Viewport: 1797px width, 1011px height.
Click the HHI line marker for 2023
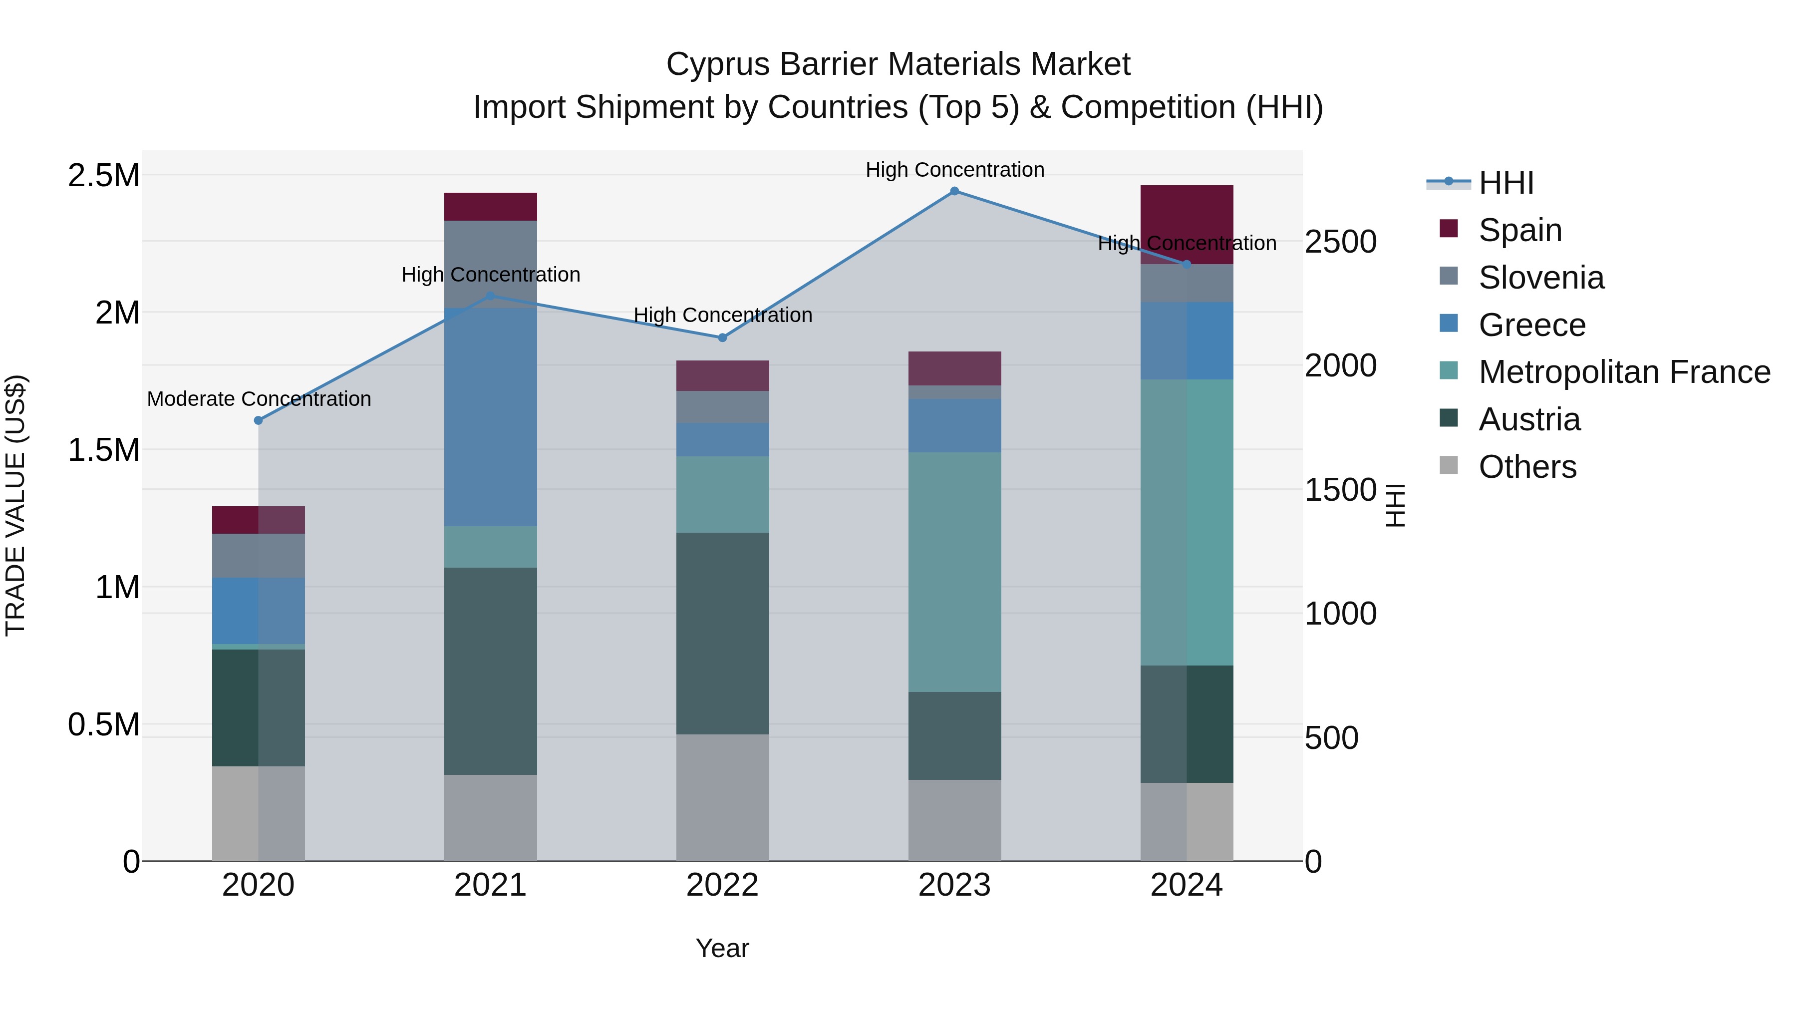click(954, 191)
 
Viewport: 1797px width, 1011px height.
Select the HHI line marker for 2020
click(258, 421)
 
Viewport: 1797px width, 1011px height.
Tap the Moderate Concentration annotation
click(259, 399)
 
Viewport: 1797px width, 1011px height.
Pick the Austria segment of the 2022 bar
click(723, 633)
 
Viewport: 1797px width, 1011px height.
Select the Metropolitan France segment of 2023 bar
click(954, 572)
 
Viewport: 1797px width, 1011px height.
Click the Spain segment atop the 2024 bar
click(1187, 216)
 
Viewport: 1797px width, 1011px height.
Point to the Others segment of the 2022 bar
click(723, 797)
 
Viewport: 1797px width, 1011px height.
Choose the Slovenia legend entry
click(1541, 278)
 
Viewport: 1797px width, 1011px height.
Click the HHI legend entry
click(1505, 183)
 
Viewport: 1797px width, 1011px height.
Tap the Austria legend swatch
click(1449, 419)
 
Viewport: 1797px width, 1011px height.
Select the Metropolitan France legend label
click(1624, 372)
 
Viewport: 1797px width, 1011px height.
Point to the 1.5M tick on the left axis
click(104, 450)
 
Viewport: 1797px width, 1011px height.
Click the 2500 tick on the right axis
click(1340, 242)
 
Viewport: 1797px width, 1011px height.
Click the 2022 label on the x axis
click(723, 885)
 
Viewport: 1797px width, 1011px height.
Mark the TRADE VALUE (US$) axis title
click(15, 505)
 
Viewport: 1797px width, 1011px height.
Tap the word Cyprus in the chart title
click(718, 65)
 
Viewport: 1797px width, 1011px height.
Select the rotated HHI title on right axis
click(1395, 505)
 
